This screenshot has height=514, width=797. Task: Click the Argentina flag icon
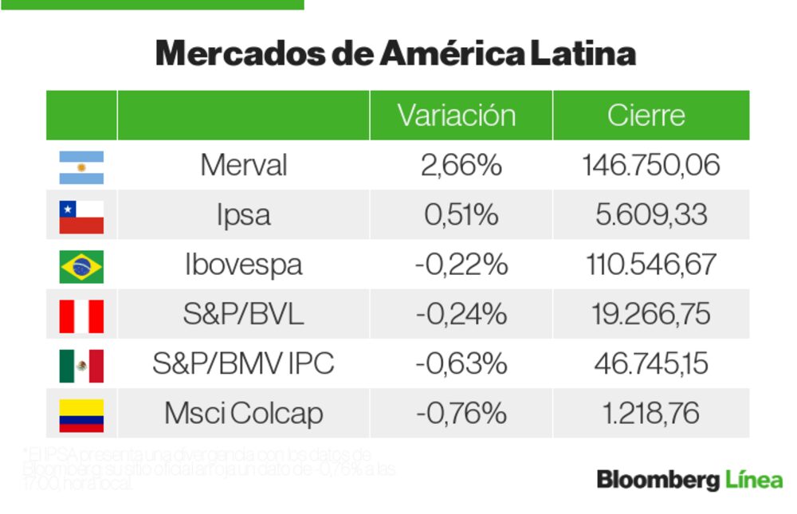point(81,167)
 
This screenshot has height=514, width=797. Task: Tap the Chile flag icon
point(81,216)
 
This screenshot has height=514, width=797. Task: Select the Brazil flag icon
point(81,266)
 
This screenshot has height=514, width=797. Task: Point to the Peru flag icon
point(81,316)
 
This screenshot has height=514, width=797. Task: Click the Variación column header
point(457,116)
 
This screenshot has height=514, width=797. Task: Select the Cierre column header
point(646,116)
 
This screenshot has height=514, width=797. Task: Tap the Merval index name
point(243,166)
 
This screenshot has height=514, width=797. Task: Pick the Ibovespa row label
point(243,265)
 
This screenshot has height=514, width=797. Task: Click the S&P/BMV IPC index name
point(243,365)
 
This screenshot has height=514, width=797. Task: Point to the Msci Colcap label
point(243,414)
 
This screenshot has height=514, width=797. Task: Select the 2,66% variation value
point(461,166)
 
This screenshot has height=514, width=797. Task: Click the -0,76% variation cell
point(461,414)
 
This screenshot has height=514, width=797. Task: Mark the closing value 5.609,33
point(650,215)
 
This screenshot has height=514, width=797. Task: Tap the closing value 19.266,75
point(650,315)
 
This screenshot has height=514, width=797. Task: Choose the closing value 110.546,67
point(650,265)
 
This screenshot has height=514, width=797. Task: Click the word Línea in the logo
point(752,480)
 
